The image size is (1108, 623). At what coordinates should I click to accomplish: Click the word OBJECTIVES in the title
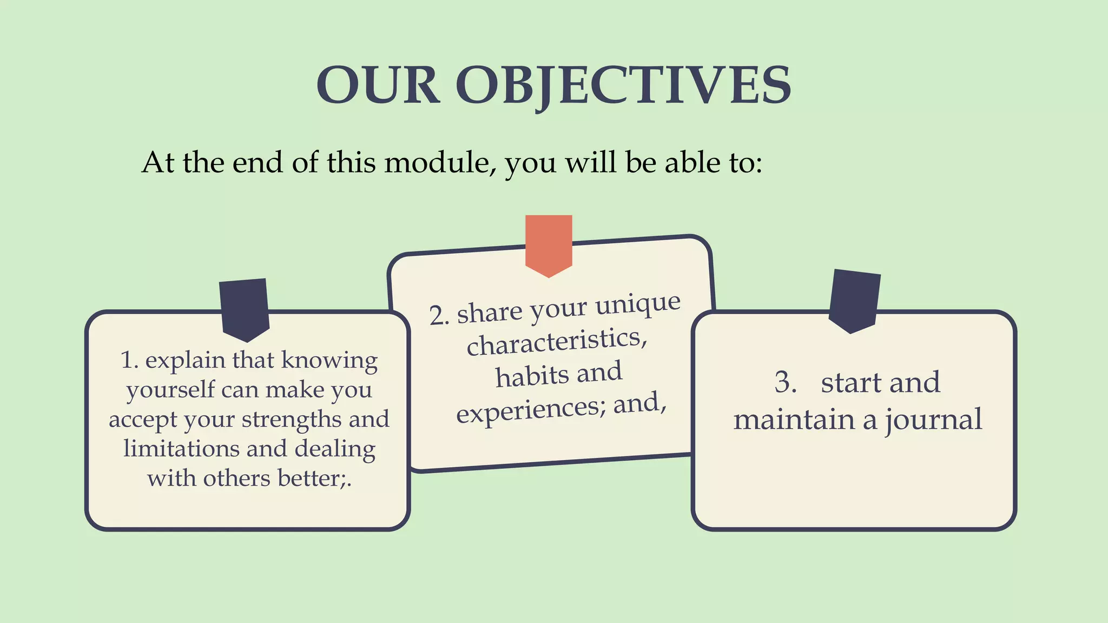pos(623,85)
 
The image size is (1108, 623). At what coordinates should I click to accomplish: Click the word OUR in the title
pos(377,85)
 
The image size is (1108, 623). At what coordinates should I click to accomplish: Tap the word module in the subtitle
pos(439,162)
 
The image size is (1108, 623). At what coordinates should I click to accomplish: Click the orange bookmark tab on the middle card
pos(549,243)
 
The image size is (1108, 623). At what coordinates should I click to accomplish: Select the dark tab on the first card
pos(245,308)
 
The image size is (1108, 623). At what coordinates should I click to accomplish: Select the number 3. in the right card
pos(785,383)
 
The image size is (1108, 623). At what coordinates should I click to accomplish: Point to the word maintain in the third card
pos(794,420)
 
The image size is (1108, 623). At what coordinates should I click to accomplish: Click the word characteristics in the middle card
pos(556,342)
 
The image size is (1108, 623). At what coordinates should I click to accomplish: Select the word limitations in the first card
pos(181,449)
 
